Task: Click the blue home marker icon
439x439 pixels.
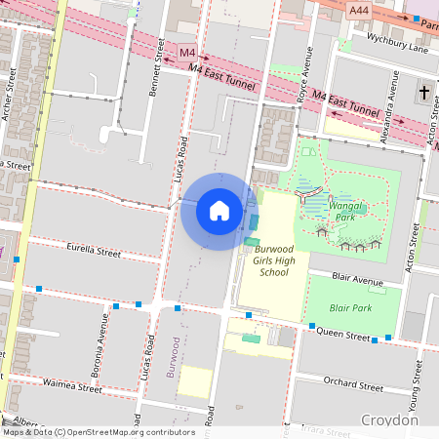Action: [x=219, y=211]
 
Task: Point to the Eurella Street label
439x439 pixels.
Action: [x=90, y=253]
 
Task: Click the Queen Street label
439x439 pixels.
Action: [x=342, y=335]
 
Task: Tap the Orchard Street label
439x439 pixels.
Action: [x=352, y=384]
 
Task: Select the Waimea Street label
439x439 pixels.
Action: [x=71, y=387]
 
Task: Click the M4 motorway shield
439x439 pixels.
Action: [x=187, y=52]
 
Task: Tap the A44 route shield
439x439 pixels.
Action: [x=359, y=8]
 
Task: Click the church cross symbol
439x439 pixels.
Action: [x=423, y=93]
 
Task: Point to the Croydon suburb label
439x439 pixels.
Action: [x=389, y=419]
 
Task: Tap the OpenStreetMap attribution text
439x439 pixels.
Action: [x=98, y=432]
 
